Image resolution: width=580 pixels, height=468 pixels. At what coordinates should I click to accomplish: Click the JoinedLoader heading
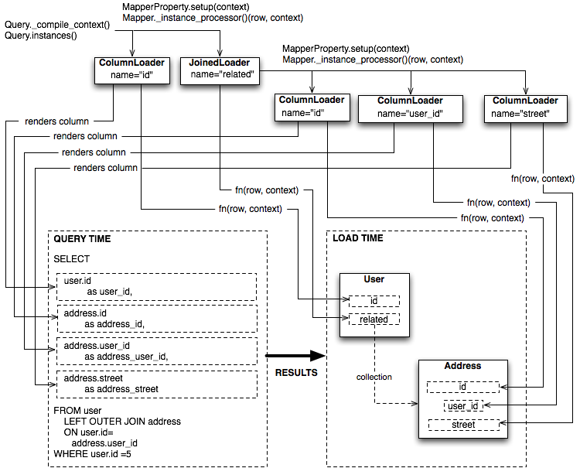pos(220,62)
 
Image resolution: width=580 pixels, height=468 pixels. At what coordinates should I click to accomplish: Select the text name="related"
pos(223,75)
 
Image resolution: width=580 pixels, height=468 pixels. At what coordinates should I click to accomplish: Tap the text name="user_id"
pos(410,114)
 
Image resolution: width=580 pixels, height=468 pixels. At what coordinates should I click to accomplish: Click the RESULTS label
pos(296,372)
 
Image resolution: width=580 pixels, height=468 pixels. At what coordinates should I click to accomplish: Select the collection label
pos(374,377)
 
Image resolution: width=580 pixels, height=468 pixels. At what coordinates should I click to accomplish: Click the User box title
pos(374,279)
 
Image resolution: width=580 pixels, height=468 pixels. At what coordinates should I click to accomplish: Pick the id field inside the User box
pos(374,300)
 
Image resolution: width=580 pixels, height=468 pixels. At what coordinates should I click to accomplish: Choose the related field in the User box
pos(374,319)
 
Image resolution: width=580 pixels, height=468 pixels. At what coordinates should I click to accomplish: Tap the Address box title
pos(462,366)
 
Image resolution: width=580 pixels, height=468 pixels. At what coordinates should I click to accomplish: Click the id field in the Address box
pos(462,387)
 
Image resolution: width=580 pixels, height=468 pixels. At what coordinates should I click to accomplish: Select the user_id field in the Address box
pos(463,405)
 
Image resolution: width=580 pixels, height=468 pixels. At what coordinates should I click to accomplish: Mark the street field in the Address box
pos(463,425)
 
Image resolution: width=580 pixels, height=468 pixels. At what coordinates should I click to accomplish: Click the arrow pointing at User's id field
pos(344,300)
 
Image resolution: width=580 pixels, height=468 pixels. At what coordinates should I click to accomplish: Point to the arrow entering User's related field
pos(344,319)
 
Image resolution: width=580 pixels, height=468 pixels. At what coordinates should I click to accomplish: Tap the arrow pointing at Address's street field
pos(503,424)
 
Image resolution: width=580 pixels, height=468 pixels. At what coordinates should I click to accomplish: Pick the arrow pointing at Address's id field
pos(503,387)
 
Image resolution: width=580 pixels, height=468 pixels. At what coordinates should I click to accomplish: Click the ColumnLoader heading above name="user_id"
pos(410,101)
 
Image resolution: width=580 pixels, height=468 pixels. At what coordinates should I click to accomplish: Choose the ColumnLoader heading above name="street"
pos(525,101)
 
